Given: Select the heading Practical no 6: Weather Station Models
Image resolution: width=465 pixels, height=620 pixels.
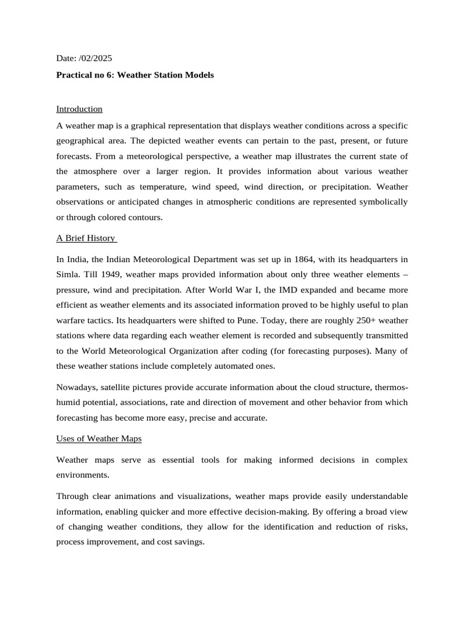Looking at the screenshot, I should click(x=135, y=75).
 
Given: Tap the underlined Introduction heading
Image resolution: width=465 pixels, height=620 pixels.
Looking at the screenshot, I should click(x=79, y=109).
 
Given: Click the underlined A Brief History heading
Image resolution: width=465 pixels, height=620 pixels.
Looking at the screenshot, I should click(x=85, y=238).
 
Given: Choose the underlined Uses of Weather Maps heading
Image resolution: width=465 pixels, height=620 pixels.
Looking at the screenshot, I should click(x=99, y=438).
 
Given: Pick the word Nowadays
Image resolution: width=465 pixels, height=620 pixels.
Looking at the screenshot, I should click(x=76, y=386).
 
